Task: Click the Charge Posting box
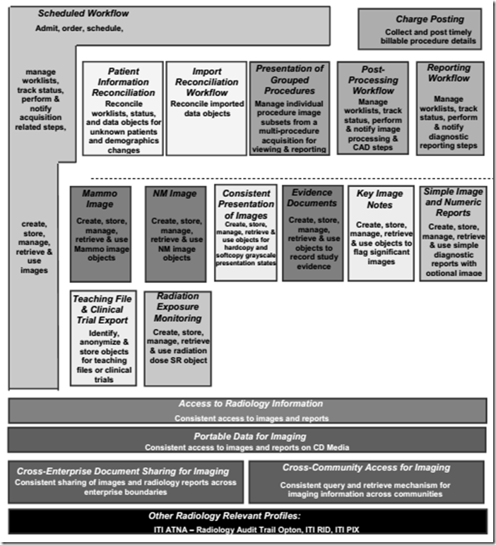coord(420,29)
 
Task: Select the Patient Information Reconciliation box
coord(122,108)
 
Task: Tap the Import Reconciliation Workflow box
coord(206,108)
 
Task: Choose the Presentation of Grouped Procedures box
coord(290,108)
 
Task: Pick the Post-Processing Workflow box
coord(372,108)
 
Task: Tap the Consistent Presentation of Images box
coord(246,233)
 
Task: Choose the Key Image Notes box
coord(380,233)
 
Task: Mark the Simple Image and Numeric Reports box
coord(453,233)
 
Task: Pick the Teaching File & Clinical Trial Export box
coord(103,339)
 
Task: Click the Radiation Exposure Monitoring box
coord(177,339)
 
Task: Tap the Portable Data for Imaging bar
coord(247,440)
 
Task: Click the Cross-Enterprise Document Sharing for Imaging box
coord(126,482)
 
